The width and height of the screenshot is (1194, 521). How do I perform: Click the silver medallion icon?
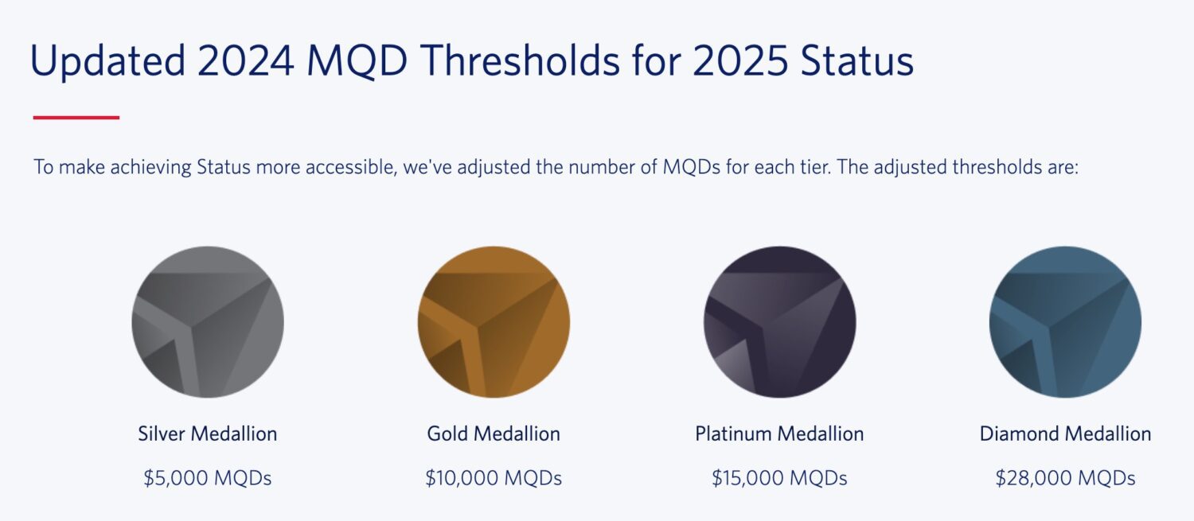208,321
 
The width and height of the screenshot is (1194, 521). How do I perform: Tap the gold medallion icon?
494,321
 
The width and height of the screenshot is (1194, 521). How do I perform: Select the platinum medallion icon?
779,321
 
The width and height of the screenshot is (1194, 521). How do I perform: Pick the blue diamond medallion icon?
1065,321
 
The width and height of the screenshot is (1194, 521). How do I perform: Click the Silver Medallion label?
208,434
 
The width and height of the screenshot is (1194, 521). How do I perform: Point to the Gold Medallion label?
494,434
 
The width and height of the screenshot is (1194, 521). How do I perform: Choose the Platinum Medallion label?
779,434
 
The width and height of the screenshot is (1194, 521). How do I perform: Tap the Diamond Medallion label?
1065,434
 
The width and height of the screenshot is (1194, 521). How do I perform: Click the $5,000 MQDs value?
208,478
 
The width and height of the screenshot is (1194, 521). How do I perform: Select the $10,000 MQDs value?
494,478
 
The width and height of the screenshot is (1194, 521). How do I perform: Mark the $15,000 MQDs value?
779,478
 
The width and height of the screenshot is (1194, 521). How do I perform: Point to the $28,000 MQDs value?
1065,478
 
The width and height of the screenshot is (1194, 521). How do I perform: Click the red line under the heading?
76,118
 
